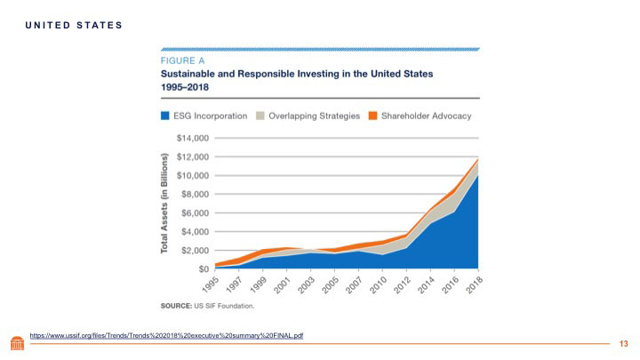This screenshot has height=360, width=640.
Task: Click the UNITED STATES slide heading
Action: coord(73,24)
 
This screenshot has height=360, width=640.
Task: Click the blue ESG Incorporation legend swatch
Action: coord(165,116)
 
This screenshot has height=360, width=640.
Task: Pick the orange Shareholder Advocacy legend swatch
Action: coord(374,116)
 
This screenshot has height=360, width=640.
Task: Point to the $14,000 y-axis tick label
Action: coord(193,139)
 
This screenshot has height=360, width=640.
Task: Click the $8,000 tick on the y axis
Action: coord(195,194)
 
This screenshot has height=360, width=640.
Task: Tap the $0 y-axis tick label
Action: coord(204,268)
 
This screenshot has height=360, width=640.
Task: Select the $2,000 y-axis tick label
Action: coord(195,250)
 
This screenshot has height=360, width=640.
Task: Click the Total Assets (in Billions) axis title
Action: coord(165,204)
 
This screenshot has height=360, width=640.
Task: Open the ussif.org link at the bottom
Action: coord(166,335)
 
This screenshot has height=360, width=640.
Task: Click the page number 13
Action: coord(623,344)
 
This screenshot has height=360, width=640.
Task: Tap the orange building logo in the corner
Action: coord(17,343)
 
